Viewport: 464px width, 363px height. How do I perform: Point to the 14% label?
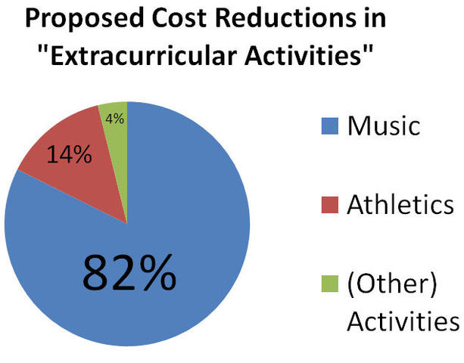click(x=70, y=156)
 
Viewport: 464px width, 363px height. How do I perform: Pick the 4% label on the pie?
click(x=115, y=118)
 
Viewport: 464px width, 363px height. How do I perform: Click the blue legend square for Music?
click(x=330, y=126)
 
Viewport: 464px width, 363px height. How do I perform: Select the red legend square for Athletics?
click(x=330, y=205)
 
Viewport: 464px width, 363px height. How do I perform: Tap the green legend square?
click(x=330, y=283)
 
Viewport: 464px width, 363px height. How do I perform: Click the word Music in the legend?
click(x=383, y=126)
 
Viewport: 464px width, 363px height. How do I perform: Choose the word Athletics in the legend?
click(x=400, y=205)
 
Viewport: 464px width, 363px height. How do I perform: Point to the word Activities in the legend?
click(x=403, y=321)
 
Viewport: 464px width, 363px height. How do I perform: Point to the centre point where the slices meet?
click(x=127, y=224)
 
